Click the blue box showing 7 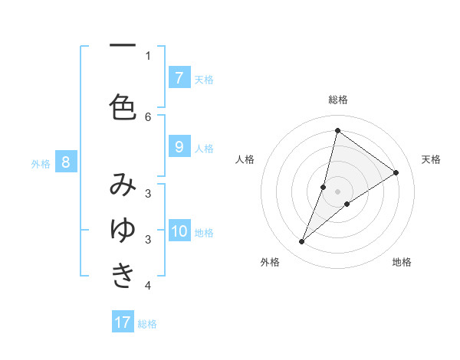(179, 78)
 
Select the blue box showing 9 (179, 148)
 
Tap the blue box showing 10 (179, 232)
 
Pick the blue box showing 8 (66, 162)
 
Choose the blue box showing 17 (123, 322)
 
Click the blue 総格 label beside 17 (147, 324)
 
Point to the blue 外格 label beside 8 (41, 163)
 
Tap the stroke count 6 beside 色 (148, 116)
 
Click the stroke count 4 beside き (148, 286)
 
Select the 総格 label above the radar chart (338, 100)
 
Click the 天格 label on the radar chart (431, 159)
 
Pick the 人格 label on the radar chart (245, 159)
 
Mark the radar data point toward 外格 (302, 242)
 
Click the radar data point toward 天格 (396, 172)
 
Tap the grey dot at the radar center (338, 191)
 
